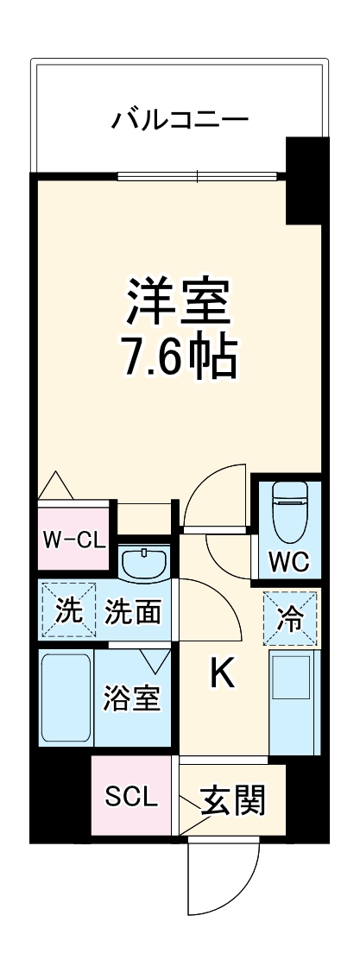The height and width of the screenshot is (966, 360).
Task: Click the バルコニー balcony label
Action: tap(180, 119)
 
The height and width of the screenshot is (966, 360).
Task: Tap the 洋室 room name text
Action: tap(180, 300)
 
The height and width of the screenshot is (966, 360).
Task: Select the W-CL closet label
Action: tap(74, 540)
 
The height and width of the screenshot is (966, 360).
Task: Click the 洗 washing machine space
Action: tap(68, 611)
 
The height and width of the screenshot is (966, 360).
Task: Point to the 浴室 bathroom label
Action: tap(132, 698)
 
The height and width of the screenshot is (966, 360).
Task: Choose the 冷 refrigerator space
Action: tap(290, 619)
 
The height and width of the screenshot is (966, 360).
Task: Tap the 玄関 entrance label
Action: tap(231, 800)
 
